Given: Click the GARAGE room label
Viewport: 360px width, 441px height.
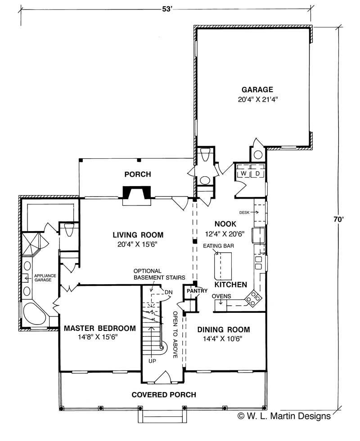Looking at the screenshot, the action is pos(257,89).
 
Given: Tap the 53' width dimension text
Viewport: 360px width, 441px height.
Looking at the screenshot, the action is pos(166,9).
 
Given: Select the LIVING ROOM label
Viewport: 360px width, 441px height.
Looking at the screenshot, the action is pos(138,235).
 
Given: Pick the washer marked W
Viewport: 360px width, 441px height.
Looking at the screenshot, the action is pos(243,174).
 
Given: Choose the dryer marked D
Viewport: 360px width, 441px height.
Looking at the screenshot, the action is pos(257,174).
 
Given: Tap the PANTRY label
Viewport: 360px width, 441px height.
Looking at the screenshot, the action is pos(197,291).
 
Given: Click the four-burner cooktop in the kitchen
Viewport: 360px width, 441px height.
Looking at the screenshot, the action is pos(253,298).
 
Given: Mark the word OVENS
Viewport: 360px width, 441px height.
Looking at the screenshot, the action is pos(221,296).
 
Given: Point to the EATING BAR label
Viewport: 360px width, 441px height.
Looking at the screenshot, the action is pos(218,246).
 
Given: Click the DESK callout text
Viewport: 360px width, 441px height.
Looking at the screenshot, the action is pos(244,213).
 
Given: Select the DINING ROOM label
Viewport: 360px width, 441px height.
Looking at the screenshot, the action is pos(224,330).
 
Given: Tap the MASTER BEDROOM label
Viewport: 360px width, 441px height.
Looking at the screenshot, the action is pos(99,328).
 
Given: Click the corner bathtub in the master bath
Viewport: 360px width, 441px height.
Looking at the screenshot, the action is pos(34,314).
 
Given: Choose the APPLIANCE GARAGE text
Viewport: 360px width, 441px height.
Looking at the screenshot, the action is pos(45,278).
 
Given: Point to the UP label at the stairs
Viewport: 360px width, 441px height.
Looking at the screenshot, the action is pos(152,361).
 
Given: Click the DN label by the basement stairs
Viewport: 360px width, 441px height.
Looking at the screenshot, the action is pos(169,292).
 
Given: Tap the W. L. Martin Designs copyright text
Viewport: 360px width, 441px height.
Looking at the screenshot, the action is pos(284,416).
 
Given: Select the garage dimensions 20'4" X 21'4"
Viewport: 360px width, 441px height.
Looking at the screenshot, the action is pos(258,99).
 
